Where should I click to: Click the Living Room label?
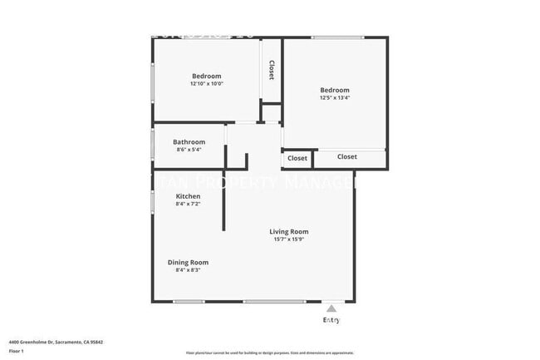288,231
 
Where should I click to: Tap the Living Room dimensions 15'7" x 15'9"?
288,239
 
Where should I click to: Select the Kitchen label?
187,196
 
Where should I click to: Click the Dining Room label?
188,262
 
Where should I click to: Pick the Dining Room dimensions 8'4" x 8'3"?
188,270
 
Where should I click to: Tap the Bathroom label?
189,142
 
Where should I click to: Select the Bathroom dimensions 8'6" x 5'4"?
189,150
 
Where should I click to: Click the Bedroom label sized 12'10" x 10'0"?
206,76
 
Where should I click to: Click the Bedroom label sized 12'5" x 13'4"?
335,90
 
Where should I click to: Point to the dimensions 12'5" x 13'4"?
335,98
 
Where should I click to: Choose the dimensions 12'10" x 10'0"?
206,84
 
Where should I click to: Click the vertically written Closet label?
271,70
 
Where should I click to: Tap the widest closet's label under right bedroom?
346,156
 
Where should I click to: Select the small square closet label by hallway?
297,158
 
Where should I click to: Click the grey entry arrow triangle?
331,308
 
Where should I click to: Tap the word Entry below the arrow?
331,320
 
